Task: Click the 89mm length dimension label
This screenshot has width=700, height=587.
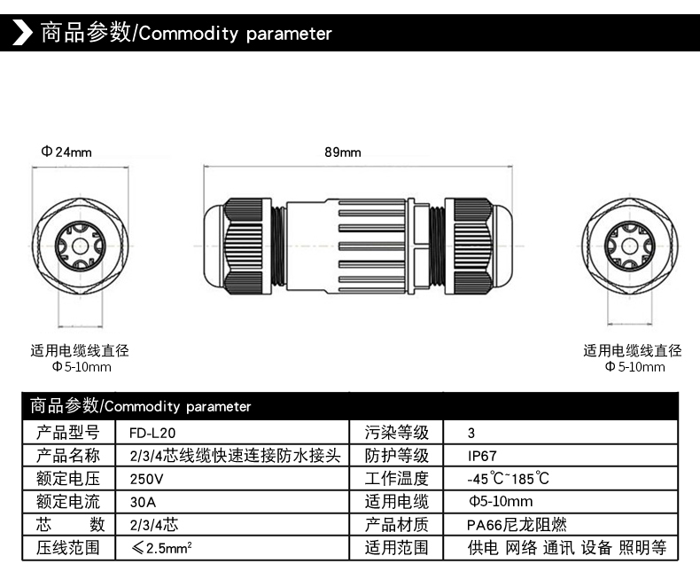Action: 343,153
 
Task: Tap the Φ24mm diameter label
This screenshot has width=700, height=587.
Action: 66,152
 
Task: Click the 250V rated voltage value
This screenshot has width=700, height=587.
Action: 146,479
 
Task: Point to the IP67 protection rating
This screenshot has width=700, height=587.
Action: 482,456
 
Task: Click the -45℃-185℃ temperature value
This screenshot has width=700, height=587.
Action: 509,479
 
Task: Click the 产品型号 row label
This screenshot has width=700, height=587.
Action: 67,433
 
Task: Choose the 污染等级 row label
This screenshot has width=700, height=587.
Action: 397,433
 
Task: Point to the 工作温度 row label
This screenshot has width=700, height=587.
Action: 397,479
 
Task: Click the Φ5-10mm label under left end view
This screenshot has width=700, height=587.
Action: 82,367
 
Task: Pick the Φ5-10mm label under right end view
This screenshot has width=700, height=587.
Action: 634,367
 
